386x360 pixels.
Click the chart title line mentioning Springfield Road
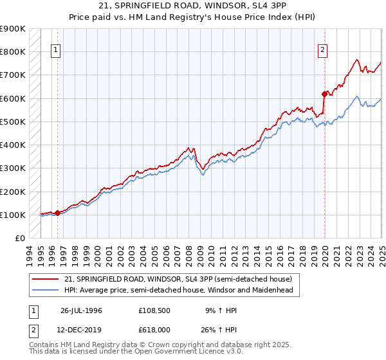(x=193, y=6)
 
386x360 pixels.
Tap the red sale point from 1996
(x=57, y=212)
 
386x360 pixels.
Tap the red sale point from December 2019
(x=324, y=93)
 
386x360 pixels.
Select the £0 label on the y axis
(x=19, y=239)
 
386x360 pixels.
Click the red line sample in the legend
(x=46, y=279)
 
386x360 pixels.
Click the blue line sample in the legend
(x=46, y=290)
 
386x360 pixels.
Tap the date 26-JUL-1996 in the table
(x=81, y=310)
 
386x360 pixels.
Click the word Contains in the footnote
(x=46, y=346)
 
